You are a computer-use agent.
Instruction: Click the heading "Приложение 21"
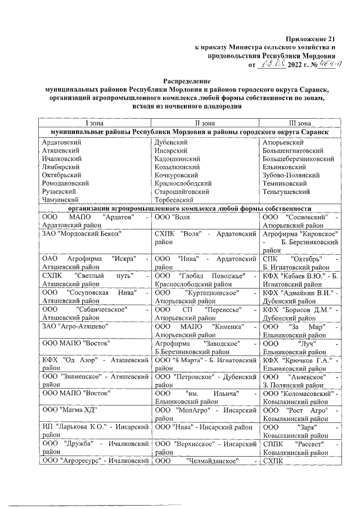pyautogui.click(x=309, y=39)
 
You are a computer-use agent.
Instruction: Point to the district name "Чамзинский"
pyautogui.click(x=60, y=199)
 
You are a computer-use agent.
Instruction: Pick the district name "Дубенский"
pyautogui.click(x=171, y=143)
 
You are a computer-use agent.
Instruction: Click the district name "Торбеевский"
pyautogui.click(x=175, y=199)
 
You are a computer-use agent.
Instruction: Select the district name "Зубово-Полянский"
pyautogui.click(x=291, y=175)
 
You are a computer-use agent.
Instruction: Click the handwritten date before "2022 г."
pyautogui.click(x=271, y=65)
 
